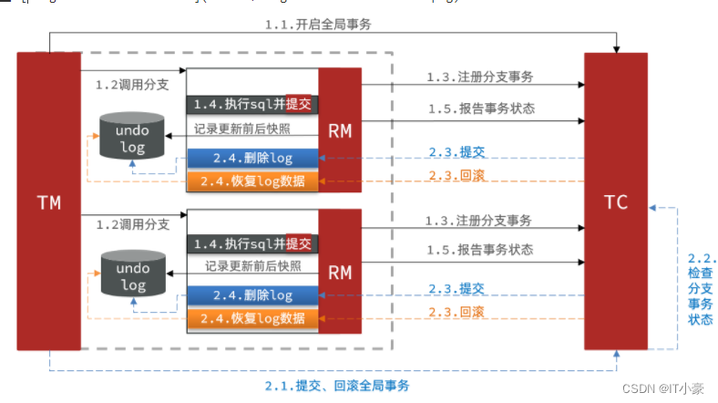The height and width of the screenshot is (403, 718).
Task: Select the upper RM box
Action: (340, 129)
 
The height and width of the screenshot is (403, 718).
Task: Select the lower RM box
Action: (340, 270)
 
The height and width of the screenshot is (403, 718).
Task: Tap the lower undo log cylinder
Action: (132, 274)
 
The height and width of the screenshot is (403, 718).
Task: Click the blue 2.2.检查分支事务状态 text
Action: (700, 289)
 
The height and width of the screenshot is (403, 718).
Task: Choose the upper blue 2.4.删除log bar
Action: (252, 158)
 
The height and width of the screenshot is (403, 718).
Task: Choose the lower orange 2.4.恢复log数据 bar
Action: (252, 318)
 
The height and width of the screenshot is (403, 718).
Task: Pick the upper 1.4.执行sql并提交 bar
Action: (252, 104)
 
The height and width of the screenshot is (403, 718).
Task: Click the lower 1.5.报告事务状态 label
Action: (480, 249)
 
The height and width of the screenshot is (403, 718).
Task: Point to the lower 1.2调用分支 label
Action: (132, 223)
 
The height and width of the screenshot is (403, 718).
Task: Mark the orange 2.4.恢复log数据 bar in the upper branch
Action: (252, 181)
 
